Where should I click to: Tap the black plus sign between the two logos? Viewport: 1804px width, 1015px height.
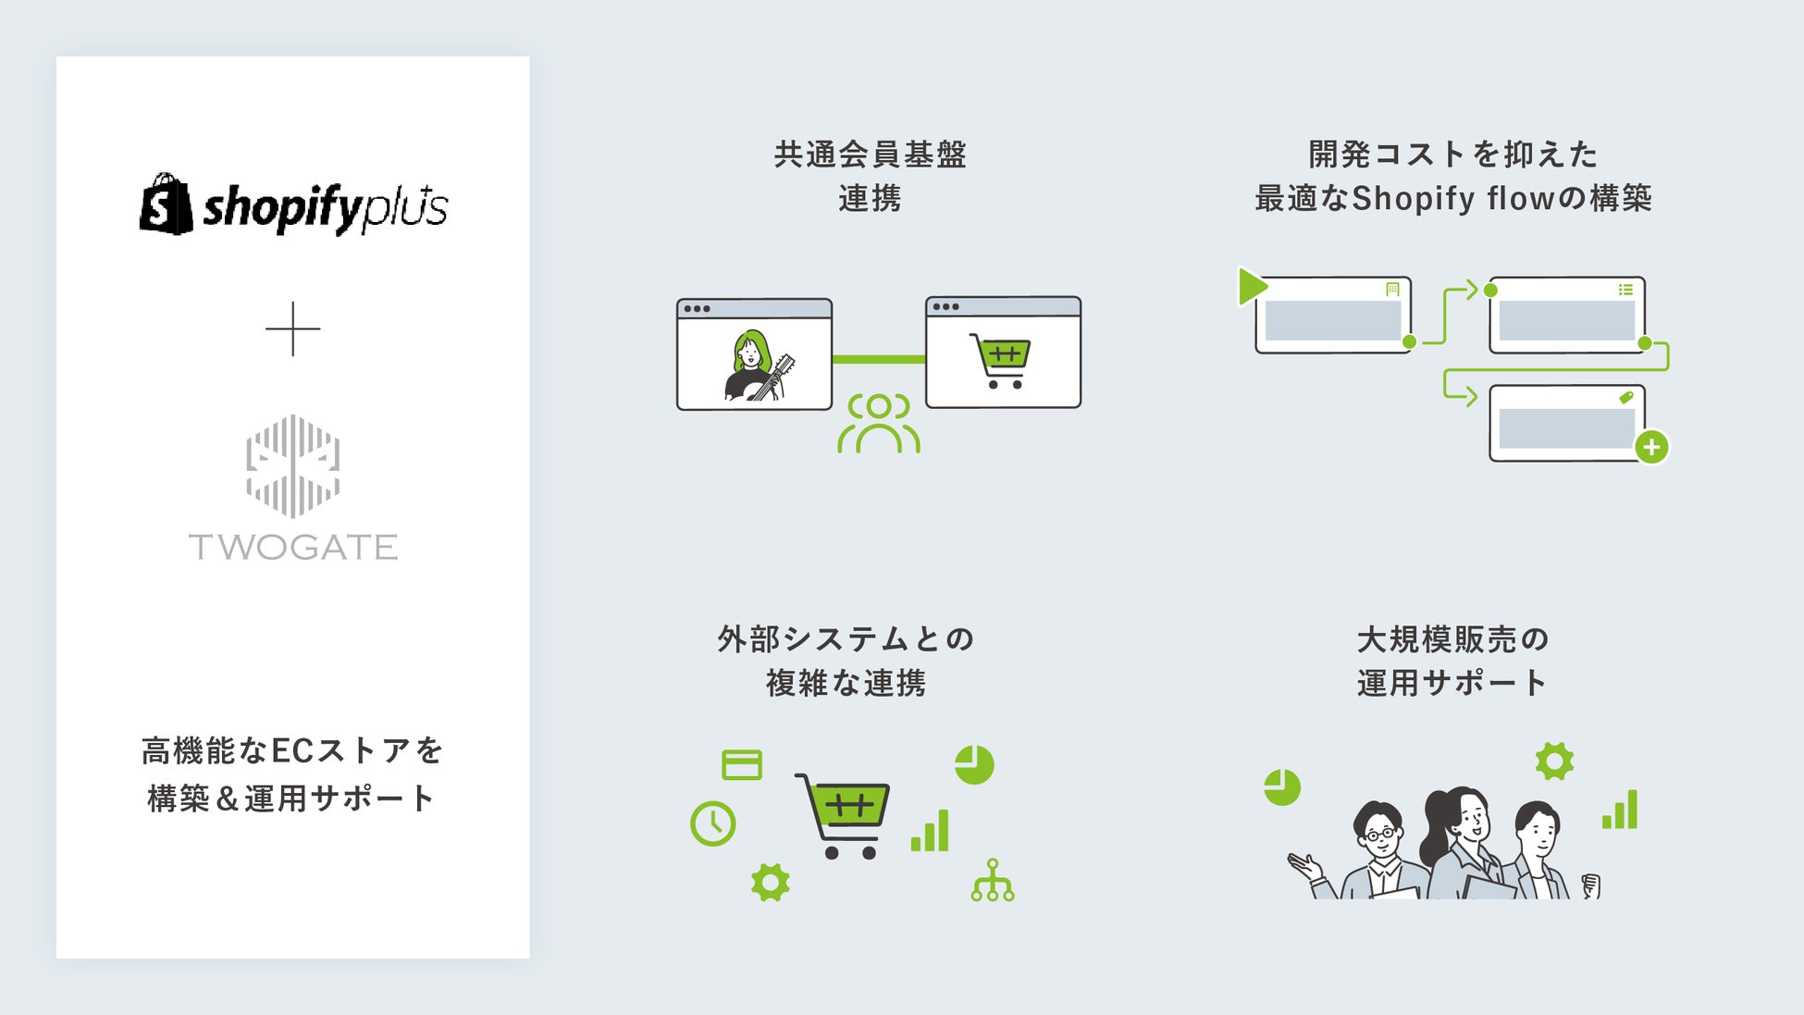coord(292,328)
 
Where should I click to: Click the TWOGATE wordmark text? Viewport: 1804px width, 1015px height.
coord(292,547)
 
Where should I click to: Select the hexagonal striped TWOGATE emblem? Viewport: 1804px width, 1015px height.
coord(292,465)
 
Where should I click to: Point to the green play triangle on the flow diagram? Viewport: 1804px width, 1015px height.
coord(1252,286)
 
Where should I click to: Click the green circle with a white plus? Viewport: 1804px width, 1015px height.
coord(1651,448)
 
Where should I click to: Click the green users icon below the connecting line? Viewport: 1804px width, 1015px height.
coord(878,424)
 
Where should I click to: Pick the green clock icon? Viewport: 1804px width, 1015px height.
coord(712,823)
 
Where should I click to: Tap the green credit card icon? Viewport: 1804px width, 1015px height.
coord(741,765)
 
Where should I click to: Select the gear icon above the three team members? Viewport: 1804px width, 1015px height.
coord(1554,761)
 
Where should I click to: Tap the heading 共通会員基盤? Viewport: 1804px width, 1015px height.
coord(870,155)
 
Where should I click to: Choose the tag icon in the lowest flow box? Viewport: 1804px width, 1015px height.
coord(1625,398)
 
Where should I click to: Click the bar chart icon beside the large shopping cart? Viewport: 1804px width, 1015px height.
coord(930,830)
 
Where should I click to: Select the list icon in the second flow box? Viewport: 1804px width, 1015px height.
coord(1625,290)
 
